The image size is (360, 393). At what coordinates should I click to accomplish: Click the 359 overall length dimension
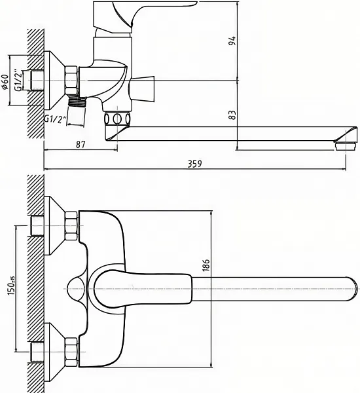(x=194, y=164)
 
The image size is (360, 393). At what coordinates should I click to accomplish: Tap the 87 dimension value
(x=81, y=145)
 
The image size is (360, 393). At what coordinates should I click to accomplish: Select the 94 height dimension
(x=232, y=41)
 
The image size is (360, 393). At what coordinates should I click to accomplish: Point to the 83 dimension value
(x=232, y=115)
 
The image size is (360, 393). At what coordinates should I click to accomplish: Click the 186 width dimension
(x=206, y=265)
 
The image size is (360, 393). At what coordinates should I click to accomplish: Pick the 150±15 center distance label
(x=11, y=285)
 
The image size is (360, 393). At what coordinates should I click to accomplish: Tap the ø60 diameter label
(x=5, y=82)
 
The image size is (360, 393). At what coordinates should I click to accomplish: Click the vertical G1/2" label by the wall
(x=18, y=80)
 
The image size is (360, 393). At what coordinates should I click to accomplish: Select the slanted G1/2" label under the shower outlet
(x=56, y=120)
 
